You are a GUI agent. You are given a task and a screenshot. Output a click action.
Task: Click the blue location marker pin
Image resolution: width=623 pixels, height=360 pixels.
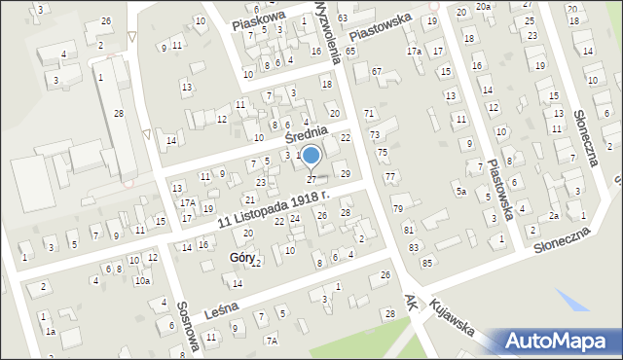pyautogui.click(x=311, y=156)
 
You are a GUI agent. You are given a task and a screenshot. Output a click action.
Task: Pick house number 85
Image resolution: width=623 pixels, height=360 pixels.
pyautogui.click(x=426, y=264)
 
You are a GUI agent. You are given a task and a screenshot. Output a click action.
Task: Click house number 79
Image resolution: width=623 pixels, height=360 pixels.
pyautogui.click(x=397, y=209)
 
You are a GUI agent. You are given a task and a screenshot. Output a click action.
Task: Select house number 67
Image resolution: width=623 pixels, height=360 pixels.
pyautogui.click(x=376, y=71)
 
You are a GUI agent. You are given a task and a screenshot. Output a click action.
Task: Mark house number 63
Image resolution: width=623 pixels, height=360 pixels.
pyautogui.click(x=343, y=19)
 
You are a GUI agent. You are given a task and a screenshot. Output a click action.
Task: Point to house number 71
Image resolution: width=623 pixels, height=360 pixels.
pyautogui.click(x=369, y=115)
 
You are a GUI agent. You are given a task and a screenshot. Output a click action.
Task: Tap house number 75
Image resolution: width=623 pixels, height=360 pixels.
pyautogui.click(x=383, y=153)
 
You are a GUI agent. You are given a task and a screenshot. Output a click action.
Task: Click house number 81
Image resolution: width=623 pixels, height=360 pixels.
pyautogui.click(x=409, y=230)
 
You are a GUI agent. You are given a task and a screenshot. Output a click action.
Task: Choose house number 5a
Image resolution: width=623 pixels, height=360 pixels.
pyautogui.click(x=460, y=192)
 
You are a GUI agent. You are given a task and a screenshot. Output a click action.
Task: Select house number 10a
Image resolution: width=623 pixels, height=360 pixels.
pyautogui.click(x=142, y=281)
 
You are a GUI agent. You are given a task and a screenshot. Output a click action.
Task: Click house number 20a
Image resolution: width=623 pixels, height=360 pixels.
pyautogui.click(x=485, y=7)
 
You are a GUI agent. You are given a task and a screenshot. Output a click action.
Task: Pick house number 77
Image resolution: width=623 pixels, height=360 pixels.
pyautogui.click(x=389, y=176)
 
